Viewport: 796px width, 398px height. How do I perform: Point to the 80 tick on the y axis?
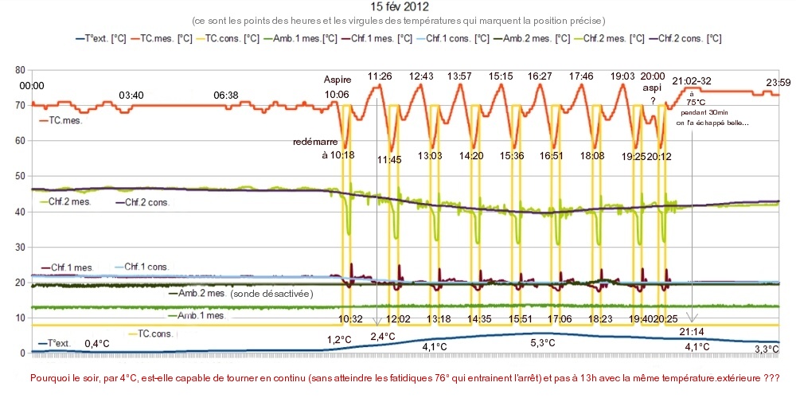[x=20, y=70]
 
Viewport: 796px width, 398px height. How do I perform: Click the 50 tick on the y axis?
[x=20, y=176]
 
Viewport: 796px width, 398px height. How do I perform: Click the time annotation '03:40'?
[x=131, y=96]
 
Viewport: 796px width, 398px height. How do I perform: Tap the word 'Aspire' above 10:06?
[x=337, y=80]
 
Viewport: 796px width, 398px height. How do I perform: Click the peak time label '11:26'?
[x=380, y=76]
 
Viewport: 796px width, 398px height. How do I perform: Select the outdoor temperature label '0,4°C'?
[x=97, y=344]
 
